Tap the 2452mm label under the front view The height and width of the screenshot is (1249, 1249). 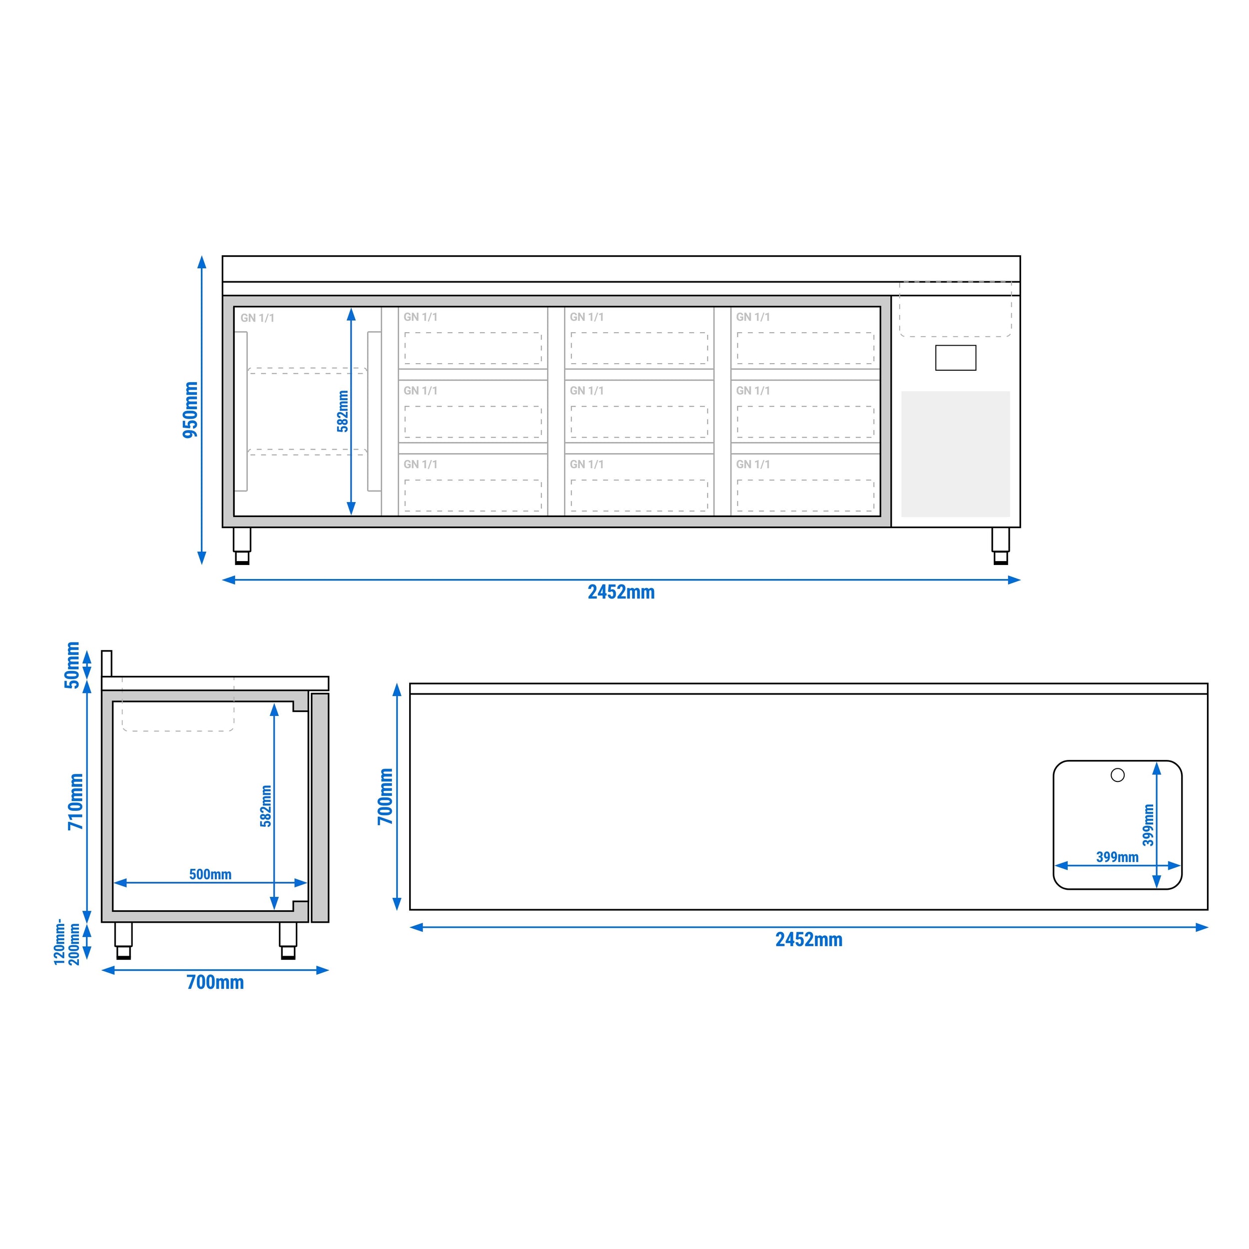(x=621, y=592)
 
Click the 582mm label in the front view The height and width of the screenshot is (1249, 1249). (x=343, y=411)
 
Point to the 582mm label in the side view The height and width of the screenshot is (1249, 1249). (x=266, y=806)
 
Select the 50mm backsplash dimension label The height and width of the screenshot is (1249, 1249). (x=72, y=665)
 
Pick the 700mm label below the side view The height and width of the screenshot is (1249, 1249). (x=215, y=983)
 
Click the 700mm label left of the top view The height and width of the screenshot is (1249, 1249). (x=385, y=796)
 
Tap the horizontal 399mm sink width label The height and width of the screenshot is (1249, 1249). (x=1117, y=857)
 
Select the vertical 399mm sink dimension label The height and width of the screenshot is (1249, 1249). (x=1148, y=825)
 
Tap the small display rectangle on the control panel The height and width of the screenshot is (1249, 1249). (x=956, y=358)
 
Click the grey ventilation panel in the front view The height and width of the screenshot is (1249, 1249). (x=956, y=454)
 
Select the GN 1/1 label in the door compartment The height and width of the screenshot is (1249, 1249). (x=257, y=318)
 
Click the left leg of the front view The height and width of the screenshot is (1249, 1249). (x=242, y=546)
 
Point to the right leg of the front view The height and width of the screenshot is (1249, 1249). (x=1000, y=546)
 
